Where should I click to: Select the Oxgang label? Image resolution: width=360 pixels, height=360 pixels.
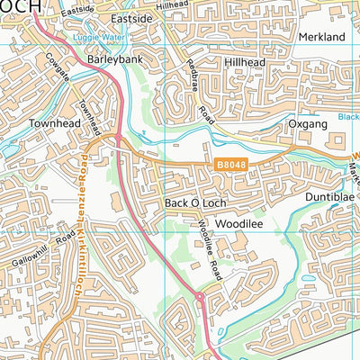[307, 123]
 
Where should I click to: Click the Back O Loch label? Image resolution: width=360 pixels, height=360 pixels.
[188, 203]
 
